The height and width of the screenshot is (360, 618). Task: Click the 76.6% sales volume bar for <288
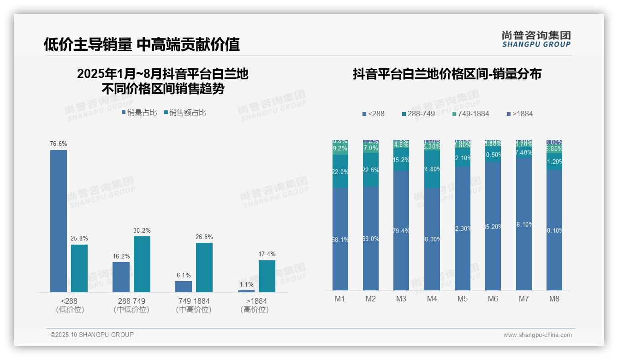tap(59, 221)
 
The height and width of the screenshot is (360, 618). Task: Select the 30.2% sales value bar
tap(142, 264)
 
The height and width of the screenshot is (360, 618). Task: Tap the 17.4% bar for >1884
tap(267, 276)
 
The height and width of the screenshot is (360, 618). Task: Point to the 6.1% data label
tap(184, 276)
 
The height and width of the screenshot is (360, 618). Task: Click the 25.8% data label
tap(79, 239)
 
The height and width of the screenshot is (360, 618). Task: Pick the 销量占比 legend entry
tap(139, 113)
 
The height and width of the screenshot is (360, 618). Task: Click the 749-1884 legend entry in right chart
tap(470, 114)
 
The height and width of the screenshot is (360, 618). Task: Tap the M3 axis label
tap(401, 299)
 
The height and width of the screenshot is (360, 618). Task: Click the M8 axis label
tap(554, 299)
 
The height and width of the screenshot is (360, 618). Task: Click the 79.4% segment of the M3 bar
tap(401, 231)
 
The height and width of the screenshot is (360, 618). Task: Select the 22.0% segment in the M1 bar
tap(340, 171)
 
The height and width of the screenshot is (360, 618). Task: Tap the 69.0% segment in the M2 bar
tap(371, 238)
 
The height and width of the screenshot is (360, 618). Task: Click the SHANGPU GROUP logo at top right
tap(536, 39)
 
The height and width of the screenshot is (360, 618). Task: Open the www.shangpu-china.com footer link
tap(537, 335)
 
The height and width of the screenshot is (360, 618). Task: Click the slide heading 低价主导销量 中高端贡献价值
tap(142, 44)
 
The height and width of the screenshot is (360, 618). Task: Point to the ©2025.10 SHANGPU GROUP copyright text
tap(92, 335)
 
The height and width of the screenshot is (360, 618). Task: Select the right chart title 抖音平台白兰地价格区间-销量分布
tap(447, 74)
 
